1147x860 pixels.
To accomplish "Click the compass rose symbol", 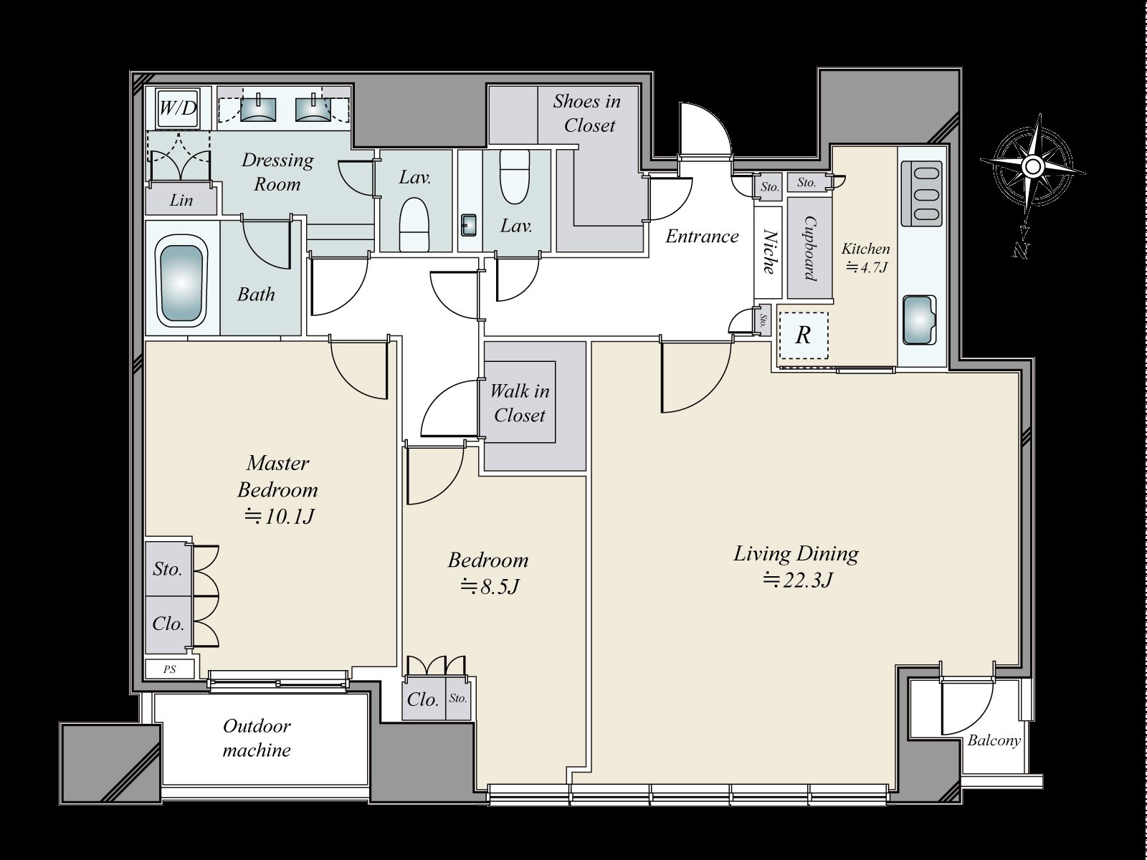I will (x=1032, y=168).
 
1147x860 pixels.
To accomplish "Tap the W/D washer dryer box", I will (x=177, y=108).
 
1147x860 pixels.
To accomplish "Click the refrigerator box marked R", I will (x=803, y=335).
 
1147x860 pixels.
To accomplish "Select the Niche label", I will (x=768, y=252).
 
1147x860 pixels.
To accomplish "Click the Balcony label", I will (x=994, y=741).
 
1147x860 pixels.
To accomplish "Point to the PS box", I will (x=170, y=669).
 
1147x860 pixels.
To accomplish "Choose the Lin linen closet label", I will (x=181, y=201).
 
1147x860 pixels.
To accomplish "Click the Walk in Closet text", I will (x=520, y=403).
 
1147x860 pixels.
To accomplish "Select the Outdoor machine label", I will (x=257, y=738).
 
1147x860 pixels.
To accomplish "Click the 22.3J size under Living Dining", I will (x=797, y=580).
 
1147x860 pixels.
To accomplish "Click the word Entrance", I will (x=702, y=236).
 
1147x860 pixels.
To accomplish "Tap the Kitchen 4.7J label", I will (x=866, y=258).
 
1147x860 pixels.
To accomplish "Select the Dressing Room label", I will (x=277, y=171).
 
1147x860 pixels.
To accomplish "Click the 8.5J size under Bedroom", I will (x=489, y=587).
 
